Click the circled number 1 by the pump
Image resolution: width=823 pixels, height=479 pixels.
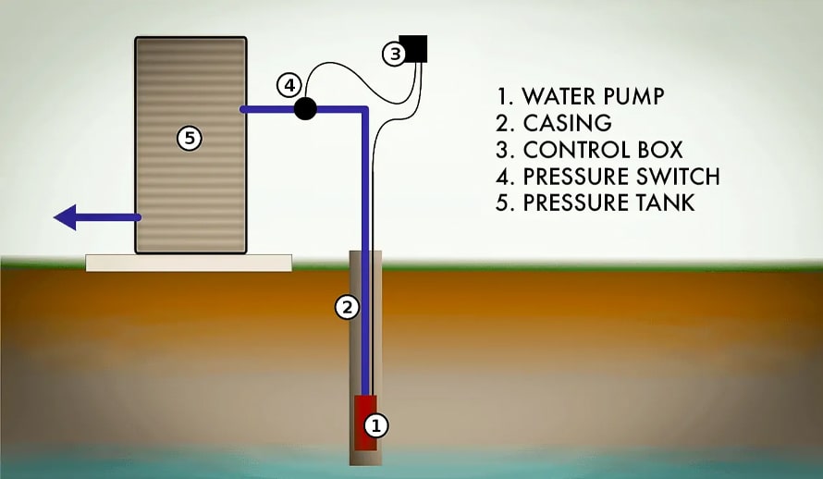(375, 425)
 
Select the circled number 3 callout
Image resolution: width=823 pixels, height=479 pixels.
(395, 55)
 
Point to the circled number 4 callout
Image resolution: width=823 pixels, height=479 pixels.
(289, 86)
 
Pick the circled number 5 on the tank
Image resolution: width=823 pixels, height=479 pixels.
(189, 139)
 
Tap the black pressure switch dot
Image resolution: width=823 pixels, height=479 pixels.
(305, 109)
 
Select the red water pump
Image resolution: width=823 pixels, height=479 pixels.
(363, 423)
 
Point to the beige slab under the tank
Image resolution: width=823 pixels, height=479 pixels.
(189, 263)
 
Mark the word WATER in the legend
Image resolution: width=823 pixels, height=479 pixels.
(553, 96)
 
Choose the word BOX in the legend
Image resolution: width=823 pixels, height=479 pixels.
(658, 150)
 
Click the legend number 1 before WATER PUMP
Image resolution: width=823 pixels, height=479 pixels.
(501, 96)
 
